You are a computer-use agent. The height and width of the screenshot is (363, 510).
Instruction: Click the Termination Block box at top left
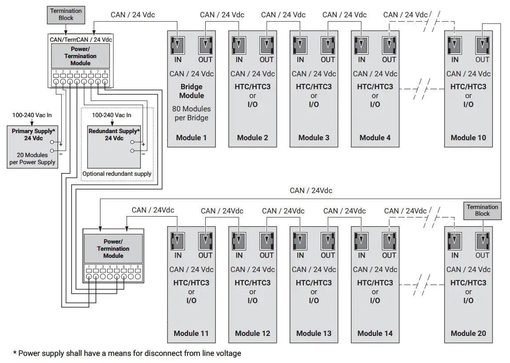coord(66,14)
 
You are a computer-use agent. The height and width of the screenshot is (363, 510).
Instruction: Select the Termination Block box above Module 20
coord(482,210)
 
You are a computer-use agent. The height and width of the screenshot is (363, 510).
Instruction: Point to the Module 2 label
coord(252,138)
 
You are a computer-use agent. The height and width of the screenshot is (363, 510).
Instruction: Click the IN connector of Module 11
coord(178,241)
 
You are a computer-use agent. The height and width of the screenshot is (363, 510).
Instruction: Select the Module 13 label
coord(314,333)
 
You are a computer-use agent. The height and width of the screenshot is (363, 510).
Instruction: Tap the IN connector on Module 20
coord(455,241)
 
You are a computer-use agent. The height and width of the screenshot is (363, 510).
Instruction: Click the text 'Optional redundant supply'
coord(117,174)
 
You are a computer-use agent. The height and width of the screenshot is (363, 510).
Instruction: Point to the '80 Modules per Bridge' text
coord(191,113)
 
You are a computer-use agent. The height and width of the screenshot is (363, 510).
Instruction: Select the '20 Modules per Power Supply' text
coord(32,158)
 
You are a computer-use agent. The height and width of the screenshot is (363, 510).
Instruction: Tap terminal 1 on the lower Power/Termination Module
coord(89,276)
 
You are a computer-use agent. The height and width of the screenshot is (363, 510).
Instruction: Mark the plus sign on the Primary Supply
coord(60,145)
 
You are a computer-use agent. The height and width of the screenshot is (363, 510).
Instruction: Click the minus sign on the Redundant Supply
coord(143,154)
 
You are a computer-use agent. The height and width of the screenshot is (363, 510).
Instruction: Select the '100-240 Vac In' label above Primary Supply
coord(32,115)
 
